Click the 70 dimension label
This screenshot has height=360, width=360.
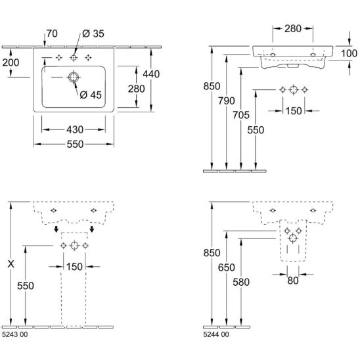pos(52,34)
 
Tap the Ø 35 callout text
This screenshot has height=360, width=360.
pos(93,34)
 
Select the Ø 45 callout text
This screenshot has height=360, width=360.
pos(91,95)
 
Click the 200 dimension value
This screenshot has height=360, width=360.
pos(11,62)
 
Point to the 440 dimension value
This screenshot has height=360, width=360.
pos(151,74)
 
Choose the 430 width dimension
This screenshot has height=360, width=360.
pos(75,129)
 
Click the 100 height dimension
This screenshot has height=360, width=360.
pos(349,53)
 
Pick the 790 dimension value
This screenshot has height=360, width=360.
pos(227,101)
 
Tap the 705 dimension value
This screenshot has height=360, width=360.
pos(241,115)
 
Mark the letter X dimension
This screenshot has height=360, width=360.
pos(11,264)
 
